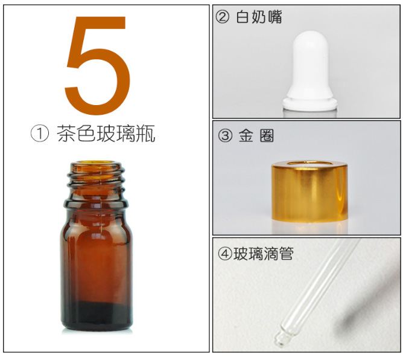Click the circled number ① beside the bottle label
tap(39, 133)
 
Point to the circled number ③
tap(224, 136)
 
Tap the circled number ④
tap(224, 254)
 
